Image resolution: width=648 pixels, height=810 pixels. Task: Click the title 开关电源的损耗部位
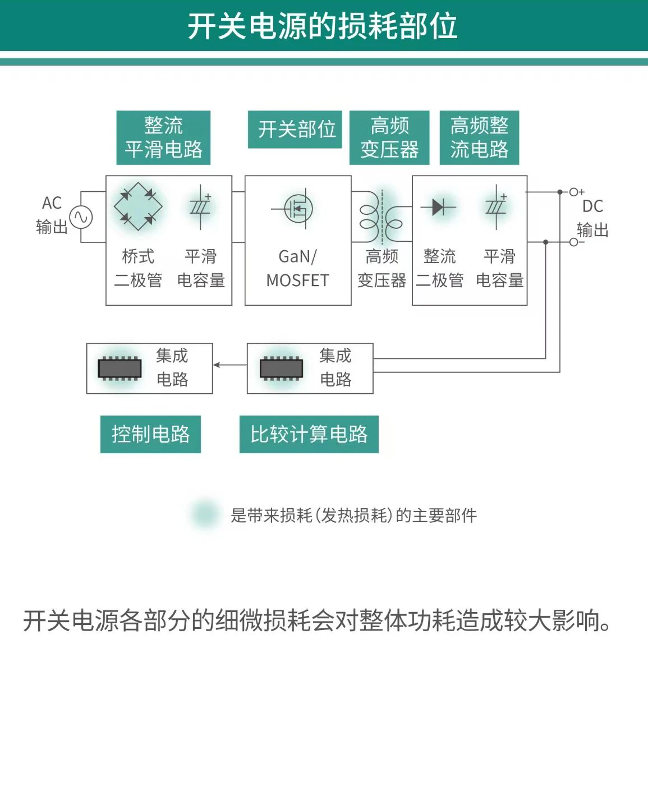click(323, 26)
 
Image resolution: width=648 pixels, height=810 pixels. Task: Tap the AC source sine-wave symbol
click(81, 217)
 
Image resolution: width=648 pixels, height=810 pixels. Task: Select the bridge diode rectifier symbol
click(137, 206)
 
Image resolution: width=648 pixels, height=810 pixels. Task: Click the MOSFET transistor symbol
click(297, 209)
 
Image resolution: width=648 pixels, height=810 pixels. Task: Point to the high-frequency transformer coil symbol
click(382, 217)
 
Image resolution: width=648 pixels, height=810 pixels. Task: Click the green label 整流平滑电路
click(163, 137)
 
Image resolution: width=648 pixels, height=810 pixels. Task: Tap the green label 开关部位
click(295, 130)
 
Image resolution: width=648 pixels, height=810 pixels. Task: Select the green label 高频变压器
click(389, 137)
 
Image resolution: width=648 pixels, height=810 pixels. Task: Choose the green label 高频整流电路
click(479, 137)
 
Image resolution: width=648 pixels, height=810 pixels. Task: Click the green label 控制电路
click(150, 434)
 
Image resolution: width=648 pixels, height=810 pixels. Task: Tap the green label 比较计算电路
click(309, 434)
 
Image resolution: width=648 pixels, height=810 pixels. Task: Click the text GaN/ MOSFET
click(297, 268)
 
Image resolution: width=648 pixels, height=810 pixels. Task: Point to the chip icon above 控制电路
click(120, 369)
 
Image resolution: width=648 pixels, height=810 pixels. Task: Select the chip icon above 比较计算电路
click(281, 369)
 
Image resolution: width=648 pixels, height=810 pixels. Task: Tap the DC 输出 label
click(592, 218)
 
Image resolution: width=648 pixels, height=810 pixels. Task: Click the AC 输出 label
click(52, 215)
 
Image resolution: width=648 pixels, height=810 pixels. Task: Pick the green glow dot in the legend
click(205, 513)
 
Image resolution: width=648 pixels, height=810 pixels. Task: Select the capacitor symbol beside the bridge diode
click(200, 208)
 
